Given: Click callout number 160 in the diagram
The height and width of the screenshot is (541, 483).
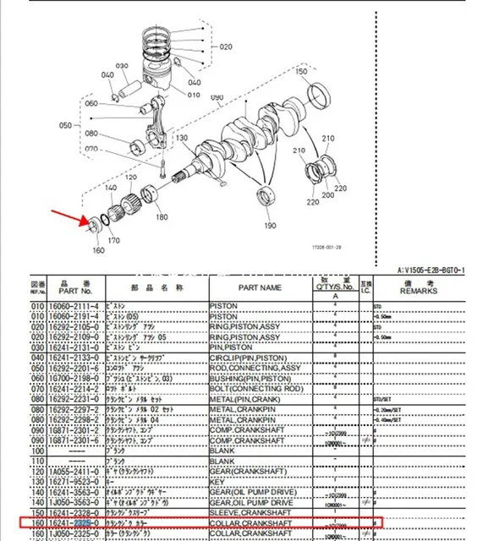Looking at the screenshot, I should [x=98, y=250].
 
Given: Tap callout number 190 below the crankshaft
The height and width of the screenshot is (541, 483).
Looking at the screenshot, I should [x=270, y=226].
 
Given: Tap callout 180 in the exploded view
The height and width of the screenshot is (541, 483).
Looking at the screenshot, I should [x=162, y=217].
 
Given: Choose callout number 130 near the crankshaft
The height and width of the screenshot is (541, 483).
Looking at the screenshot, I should [x=181, y=139].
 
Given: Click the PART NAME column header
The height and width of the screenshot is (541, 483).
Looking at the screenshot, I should [x=258, y=287].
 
